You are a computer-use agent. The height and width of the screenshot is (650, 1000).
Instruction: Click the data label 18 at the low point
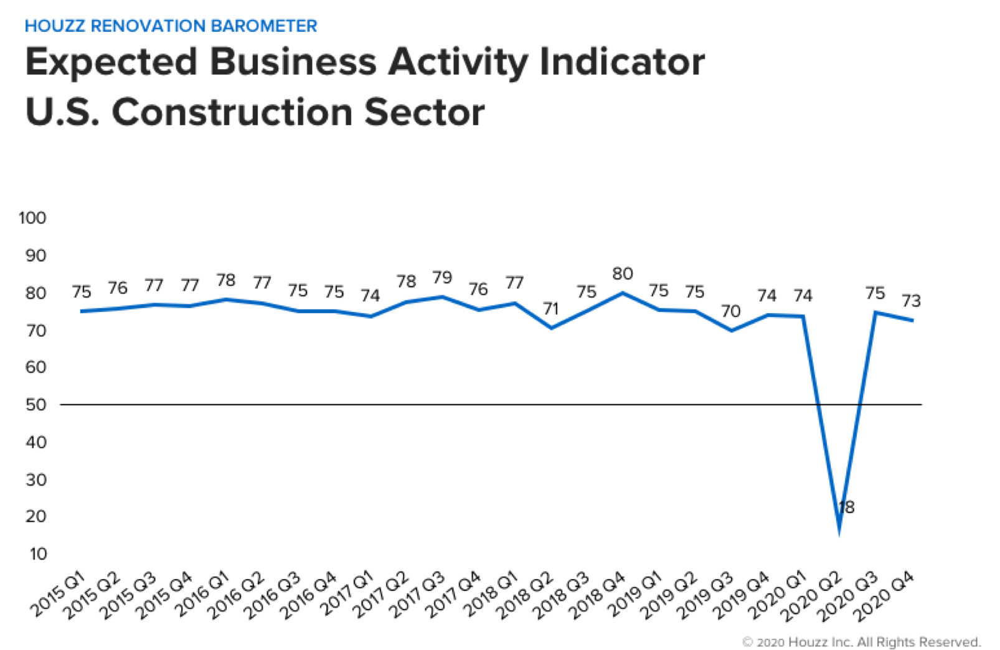click(846, 507)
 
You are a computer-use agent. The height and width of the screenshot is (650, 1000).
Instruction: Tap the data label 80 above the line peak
click(622, 273)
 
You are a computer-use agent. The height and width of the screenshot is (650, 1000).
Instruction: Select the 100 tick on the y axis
click(32, 218)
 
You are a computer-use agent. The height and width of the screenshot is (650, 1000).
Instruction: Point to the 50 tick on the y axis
click(35, 405)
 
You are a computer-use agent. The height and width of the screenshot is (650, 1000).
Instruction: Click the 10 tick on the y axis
click(37, 553)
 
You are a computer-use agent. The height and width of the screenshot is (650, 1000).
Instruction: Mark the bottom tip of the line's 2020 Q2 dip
click(839, 532)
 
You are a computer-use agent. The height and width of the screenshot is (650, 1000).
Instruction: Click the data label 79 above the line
click(442, 277)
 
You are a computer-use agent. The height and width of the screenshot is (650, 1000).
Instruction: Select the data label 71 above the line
click(550, 308)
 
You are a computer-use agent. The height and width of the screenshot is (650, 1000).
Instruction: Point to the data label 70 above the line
click(730, 311)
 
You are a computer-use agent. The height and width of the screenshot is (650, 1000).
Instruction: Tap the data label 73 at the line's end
click(911, 301)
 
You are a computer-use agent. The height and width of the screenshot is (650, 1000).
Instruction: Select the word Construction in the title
click(233, 112)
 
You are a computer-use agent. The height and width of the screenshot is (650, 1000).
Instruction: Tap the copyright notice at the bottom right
click(861, 641)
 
